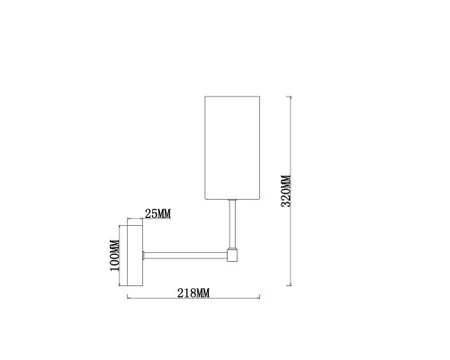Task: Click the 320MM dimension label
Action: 286,191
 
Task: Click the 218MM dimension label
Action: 193,292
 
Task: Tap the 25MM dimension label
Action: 157,214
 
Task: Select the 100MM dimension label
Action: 114,256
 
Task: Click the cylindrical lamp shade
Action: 232,148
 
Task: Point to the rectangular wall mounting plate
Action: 135,256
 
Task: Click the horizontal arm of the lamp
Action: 184,256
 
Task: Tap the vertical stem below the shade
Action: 232,224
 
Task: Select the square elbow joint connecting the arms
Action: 232,255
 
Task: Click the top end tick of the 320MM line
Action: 289,96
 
